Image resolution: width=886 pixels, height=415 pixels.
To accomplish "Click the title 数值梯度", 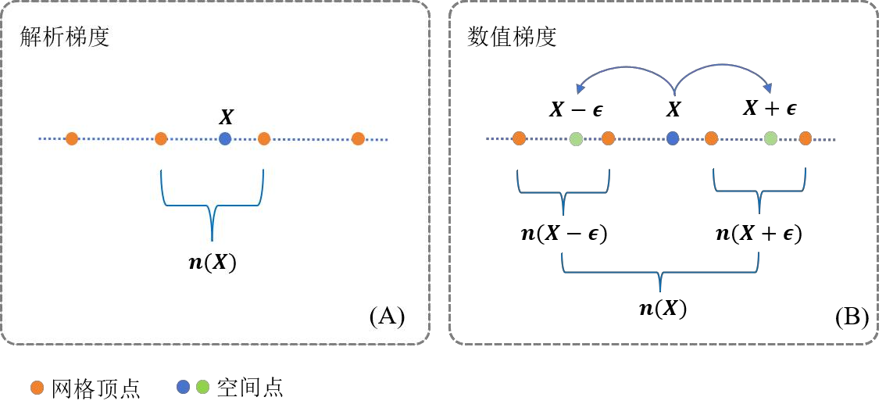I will [x=512, y=38].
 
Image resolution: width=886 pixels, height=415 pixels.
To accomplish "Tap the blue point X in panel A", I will [x=225, y=139].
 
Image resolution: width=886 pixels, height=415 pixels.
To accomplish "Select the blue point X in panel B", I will [x=673, y=139].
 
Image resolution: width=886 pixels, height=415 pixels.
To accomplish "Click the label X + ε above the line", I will [x=770, y=109].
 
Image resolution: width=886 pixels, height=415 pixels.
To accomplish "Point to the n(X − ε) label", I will [x=564, y=233].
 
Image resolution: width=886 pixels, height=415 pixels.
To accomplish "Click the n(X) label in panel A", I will [x=213, y=263].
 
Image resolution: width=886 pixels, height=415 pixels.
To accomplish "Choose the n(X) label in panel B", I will [x=663, y=308].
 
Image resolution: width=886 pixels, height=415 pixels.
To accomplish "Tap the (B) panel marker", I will [x=852, y=317].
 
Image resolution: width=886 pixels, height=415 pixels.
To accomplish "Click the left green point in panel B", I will [x=577, y=139].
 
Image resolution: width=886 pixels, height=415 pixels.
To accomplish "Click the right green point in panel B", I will [x=770, y=139].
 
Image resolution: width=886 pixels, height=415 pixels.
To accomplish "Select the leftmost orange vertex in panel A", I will [x=72, y=139].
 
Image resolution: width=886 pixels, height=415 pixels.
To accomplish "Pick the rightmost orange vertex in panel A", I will [x=358, y=139].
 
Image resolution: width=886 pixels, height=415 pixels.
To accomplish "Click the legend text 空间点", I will [x=249, y=387].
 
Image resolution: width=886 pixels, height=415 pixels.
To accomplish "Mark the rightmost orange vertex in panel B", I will [x=806, y=139].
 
